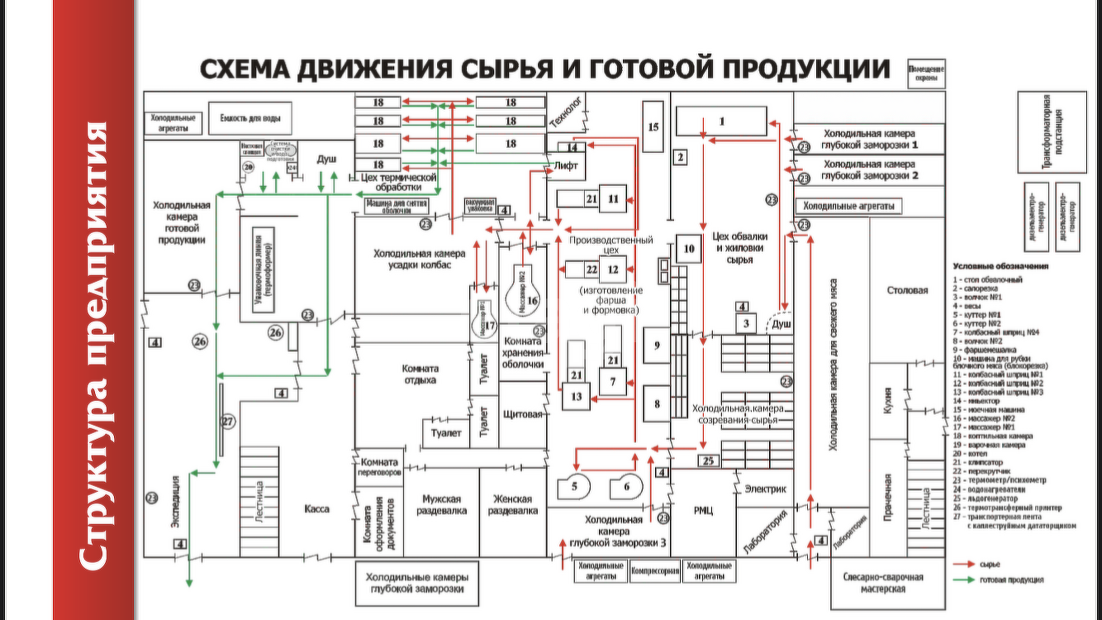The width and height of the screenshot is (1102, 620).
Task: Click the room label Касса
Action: coord(316,509)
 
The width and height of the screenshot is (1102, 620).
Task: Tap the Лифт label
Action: coord(567,165)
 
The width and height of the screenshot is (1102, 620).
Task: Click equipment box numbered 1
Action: coord(721,122)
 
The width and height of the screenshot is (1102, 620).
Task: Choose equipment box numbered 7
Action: coord(613,382)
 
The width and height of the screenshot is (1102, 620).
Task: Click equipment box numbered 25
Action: coord(706,460)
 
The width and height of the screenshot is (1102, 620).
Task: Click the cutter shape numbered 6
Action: coord(625,486)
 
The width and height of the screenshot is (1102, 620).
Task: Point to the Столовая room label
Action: coord(908,290)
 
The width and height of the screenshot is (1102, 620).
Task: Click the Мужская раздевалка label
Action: coord(444,505)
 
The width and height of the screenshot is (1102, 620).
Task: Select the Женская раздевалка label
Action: coord(513,505)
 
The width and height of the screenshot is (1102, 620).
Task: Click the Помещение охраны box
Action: coord(926,73)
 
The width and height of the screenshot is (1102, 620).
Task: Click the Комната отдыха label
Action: coord(416,374)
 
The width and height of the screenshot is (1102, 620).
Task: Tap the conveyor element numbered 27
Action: coord(228,421)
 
